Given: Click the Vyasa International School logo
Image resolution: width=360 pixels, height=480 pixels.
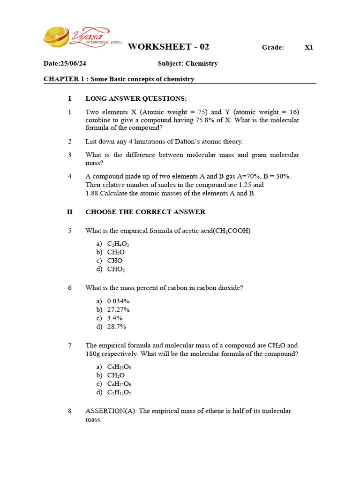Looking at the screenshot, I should coord(76,37).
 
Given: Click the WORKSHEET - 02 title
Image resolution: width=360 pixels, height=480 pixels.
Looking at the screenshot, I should coord(168,46).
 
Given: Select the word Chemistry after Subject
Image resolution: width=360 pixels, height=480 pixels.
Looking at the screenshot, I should coord(202,63).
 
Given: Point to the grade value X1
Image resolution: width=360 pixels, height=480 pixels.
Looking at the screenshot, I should coord(308,47).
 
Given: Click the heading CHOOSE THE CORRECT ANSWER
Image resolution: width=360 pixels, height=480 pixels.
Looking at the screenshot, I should coord(145,212).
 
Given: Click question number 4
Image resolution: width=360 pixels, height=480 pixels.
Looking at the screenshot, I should coord(69,176).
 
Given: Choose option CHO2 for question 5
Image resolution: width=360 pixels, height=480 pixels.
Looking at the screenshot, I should coord(116,270).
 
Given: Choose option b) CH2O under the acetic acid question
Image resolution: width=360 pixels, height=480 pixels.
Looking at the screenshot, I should coord(116,252).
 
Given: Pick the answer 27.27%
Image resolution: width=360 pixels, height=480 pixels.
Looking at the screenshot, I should coord(118,309).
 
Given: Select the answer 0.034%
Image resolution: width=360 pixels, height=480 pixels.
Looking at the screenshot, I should coord(118,301).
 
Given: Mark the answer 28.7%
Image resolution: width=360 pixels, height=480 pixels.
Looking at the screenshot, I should coord(117,327).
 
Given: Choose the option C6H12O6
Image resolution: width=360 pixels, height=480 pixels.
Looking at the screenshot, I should coord(119,384).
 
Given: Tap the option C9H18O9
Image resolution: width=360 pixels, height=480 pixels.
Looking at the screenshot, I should coord(119,367).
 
